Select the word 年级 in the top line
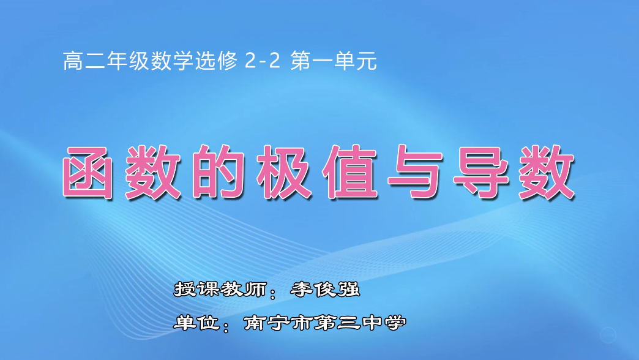[110, 61]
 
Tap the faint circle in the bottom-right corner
[608, 335]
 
